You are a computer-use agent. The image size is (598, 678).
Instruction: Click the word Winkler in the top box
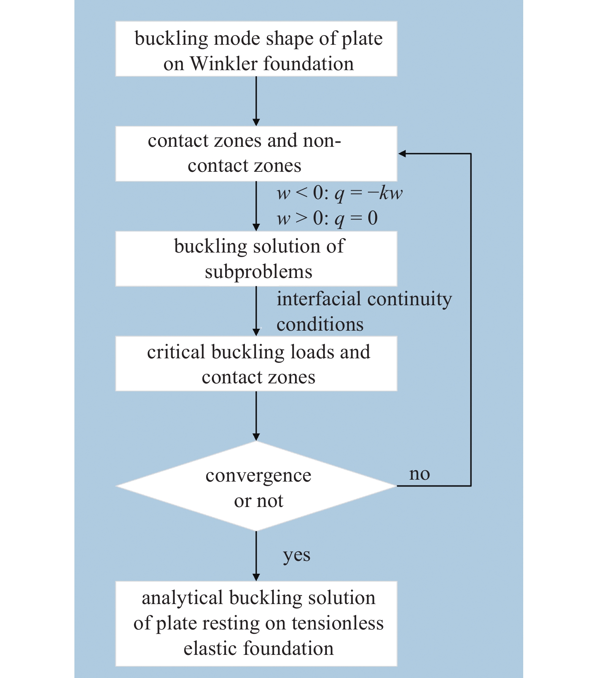pyautogui.click(x=224, y=64)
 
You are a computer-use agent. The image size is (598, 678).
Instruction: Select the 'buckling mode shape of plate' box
pyautogui.click(x=256, y=49)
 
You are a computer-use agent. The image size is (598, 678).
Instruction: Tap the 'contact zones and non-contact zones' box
pyautogui.click(x=256, y=154)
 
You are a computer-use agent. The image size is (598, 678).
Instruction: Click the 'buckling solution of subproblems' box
pyautogui.click(x=256, y=259)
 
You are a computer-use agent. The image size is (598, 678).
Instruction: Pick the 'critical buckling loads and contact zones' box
pyautogui.click(x=256, y=363)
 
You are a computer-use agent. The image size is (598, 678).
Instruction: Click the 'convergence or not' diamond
pyautogui.click(x=256, y=486)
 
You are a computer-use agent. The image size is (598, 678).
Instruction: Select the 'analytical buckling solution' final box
pyautogui.click(x=256, y=623)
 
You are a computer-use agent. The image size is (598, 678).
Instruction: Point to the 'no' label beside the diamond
pyautogui.click(x=419, y=474)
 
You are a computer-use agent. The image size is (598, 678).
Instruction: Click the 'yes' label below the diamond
pyautogui.click(x=297, y=555)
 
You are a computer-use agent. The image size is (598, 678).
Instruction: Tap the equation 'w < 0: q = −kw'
pyautogui.click(x=339, y=193)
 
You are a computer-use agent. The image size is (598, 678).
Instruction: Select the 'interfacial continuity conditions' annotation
pyautogui.click(x=364, y=311)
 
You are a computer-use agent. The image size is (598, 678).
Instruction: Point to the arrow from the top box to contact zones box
pyautogui.click(x=256, y=101)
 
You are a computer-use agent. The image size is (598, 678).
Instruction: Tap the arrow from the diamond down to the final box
pyautogui.click(x=256, y=556)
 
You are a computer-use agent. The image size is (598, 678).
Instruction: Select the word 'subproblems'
pyautogui.click(x=259, y=272)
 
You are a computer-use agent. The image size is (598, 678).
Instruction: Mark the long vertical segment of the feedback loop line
pyautogui.click(x=471, y=319)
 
